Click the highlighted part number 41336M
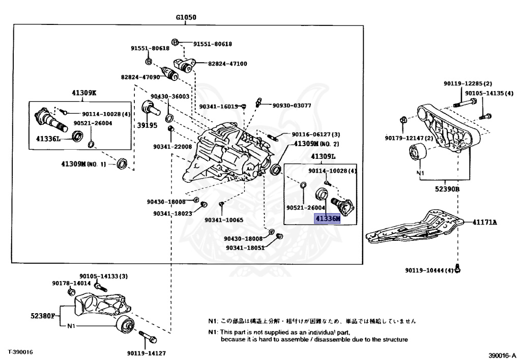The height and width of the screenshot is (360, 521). (327, 219)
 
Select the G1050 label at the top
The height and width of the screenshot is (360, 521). (186, 17)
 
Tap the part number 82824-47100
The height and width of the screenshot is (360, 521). (227, 64)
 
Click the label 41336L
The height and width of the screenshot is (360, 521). (47, 138)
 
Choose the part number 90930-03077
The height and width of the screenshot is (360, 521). (292, 105)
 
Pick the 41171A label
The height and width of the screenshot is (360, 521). (484, 222)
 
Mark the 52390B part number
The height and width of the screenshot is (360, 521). (448, 188)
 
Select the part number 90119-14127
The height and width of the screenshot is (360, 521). (147, 352)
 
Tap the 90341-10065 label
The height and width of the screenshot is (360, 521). (224, 220)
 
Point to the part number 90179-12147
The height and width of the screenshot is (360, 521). (409, 138)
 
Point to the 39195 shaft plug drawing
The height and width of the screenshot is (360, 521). (149, 108)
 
